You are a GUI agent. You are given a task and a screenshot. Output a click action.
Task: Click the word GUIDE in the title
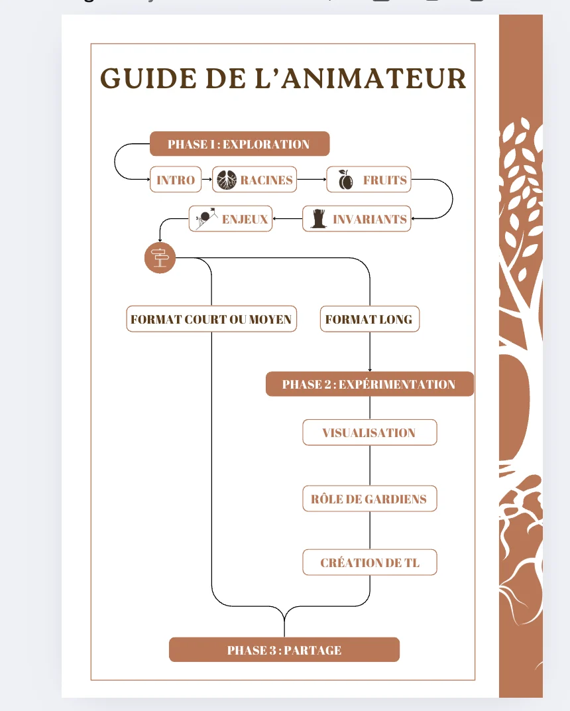[x=148, y=78]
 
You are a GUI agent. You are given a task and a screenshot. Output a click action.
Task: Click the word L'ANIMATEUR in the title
[x=360, y=78]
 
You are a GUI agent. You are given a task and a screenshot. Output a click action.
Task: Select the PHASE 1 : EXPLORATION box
[x=240, y=144]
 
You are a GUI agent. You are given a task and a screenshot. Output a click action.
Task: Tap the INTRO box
[x=176, y=180]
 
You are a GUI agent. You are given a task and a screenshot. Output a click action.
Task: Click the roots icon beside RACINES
[x=227, y=180]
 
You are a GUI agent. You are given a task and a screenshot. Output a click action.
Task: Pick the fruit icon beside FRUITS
[x=346, y=180]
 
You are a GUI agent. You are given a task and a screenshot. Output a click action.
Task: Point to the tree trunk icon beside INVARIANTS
[x=319, y=219]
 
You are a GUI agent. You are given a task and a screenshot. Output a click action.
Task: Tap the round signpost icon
[x=160, y=257]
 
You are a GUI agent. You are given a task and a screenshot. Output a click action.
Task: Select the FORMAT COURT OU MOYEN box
[x=211, y=319]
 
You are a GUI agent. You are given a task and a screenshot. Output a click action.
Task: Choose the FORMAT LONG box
[x=370, y=319]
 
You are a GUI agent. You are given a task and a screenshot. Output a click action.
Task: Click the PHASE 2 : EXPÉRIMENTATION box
[x=370, y=384]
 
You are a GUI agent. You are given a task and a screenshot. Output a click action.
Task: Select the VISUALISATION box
[x=370, y=432]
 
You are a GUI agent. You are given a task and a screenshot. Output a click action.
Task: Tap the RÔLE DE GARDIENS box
[x=370, y=499]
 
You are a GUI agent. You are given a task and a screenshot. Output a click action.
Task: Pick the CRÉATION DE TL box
[x=370, y=562]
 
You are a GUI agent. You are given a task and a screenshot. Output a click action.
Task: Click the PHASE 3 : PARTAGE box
[x=284, y=650]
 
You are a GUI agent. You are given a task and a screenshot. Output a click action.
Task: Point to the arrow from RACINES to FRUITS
[x=312, y=180]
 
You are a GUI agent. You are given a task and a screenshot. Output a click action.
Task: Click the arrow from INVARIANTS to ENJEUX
[x=288, y=219]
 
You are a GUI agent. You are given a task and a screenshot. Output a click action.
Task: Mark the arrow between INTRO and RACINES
[x=207, y=180]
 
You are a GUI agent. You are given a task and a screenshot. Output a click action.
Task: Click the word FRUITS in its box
[x=384, y=180]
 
